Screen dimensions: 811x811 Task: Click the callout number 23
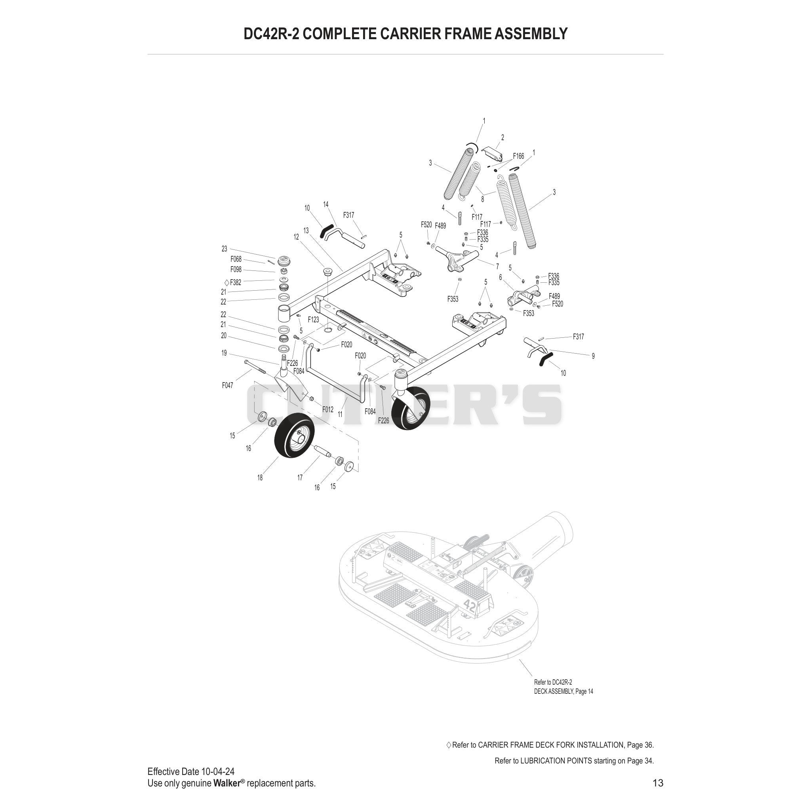coord(224,249)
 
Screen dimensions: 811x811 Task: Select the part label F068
coord(236,259)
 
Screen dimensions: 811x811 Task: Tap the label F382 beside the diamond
coord(236,282)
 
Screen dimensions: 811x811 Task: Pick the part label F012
coord(328,409)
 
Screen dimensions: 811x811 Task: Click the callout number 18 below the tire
coord(260,478)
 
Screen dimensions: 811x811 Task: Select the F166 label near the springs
coord(518,156)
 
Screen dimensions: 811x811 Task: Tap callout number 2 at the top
coord(503,137)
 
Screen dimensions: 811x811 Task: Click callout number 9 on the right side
coord(593,356)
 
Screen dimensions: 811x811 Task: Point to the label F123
coord(313,320)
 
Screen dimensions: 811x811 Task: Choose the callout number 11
coord(340,414)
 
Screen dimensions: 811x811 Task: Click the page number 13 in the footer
coord(658,783)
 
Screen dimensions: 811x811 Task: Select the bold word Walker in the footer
coord(227,783)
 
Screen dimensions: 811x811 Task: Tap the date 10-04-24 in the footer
coord(218,771)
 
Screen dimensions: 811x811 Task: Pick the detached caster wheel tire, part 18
coord(291,435)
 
